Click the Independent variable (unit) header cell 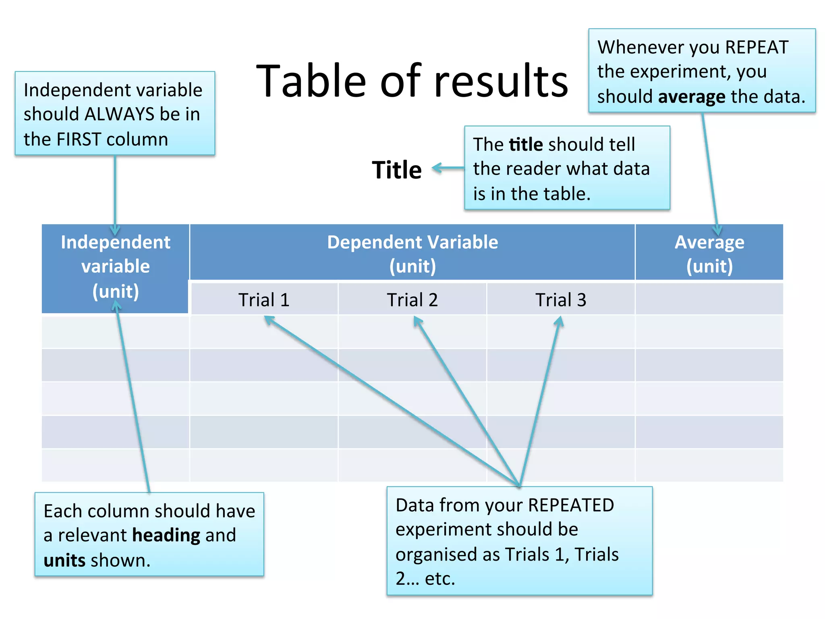click(x=116, y=266)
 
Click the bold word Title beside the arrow click(x=397, y=170)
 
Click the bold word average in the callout click(x=692, y=97)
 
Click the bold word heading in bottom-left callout click(x=166, y=535)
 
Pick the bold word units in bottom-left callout click(x=64, y=561)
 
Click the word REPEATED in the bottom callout click(x=571, y=505)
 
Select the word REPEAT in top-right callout click(x=757, y=47)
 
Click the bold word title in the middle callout click(x=526, y=144)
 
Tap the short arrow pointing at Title click(x=447, y=168)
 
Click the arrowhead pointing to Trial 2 click(x=417, y=321)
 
